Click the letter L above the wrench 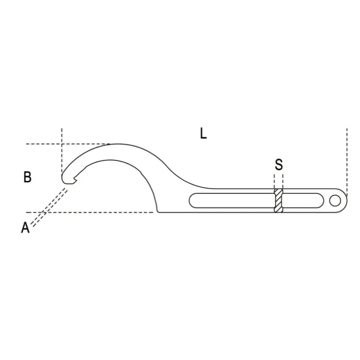point(204,133)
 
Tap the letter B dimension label point(27,177)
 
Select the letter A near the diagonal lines point(25,228)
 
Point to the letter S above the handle point(279,165)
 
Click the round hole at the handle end point(334,201)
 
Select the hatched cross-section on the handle point(279,201)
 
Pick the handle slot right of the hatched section point(302,201)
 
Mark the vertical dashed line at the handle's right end point(346,158)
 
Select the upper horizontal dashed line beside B point(67,144)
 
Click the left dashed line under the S point(275,181)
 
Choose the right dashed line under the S point(283,181)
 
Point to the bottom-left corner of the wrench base point(158,211)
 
